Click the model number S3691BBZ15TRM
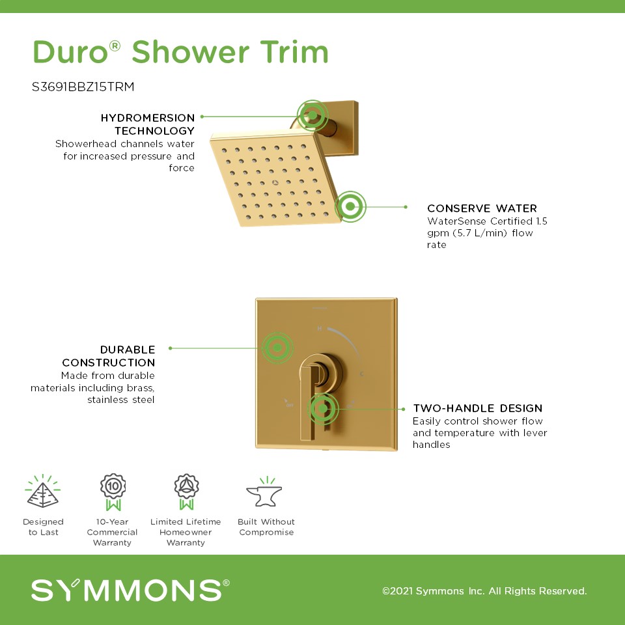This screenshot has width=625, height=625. (x=83, y=87)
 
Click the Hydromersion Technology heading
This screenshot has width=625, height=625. (x=148, y=124)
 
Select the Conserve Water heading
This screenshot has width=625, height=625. (x=482, y=208)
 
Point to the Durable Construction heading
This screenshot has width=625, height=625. (x=109, y=356)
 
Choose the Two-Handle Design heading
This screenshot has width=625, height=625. (x=477, y=408)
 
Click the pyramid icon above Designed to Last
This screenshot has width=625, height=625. (x=43, y=492)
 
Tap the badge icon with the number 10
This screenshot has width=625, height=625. (x=113, y=492)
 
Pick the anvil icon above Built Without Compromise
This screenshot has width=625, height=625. (x=264, y=492)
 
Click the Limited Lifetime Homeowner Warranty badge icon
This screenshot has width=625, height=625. (x=186, y=492)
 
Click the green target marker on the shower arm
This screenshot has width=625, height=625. (x=312, y=115)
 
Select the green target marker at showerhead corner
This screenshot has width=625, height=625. (x=350, y=206)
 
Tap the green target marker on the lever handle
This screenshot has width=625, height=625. (x=323, y=409)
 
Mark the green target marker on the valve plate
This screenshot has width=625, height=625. (x=277, y=348)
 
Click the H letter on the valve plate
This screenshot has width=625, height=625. (x=319, y=328)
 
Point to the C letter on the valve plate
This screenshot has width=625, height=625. (x=361, y=374)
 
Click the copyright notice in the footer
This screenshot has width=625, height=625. (x=484, y=590)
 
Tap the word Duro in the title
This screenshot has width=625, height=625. (x=70, y=52)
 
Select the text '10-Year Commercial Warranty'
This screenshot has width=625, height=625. (x=112, y=532)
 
